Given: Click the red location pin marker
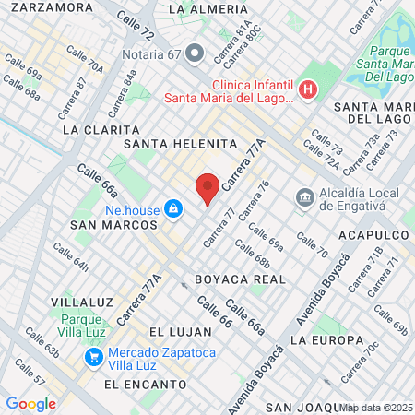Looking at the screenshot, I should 207,188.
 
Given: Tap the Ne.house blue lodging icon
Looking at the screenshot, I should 172,210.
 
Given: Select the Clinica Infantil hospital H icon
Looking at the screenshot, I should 308,89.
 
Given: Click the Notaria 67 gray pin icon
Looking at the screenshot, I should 194,53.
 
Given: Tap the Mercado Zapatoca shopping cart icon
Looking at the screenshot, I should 93,356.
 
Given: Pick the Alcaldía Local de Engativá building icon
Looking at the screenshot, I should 304,197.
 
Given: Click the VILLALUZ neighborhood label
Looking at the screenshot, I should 76,302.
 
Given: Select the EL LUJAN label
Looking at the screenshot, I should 175,331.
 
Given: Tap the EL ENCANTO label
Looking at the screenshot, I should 138,383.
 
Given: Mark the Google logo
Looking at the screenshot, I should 30,403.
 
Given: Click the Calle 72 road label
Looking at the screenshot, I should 136,28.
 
